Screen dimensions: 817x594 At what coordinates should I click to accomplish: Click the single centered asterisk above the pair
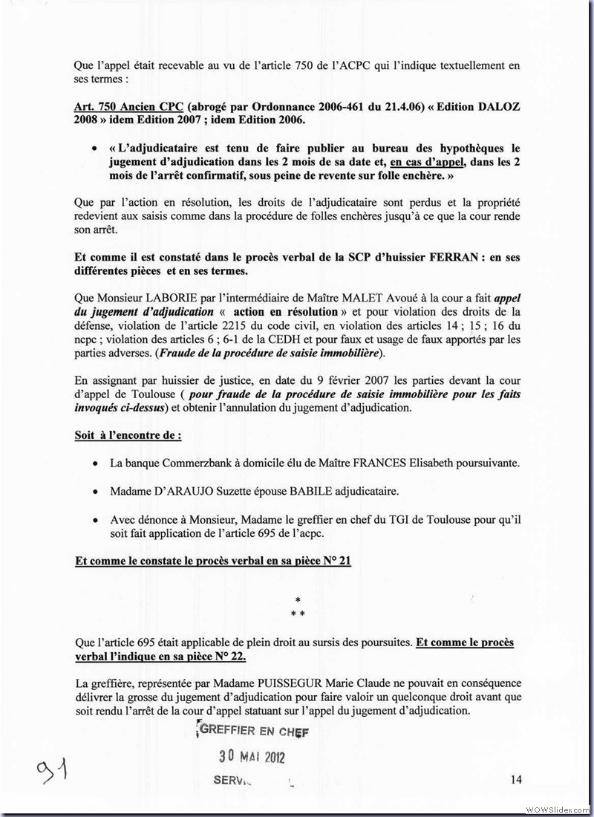pyautogui.click(x=297, y=599)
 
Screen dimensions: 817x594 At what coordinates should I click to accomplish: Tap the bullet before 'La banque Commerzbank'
pyautogui.click(x=96, y=463)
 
